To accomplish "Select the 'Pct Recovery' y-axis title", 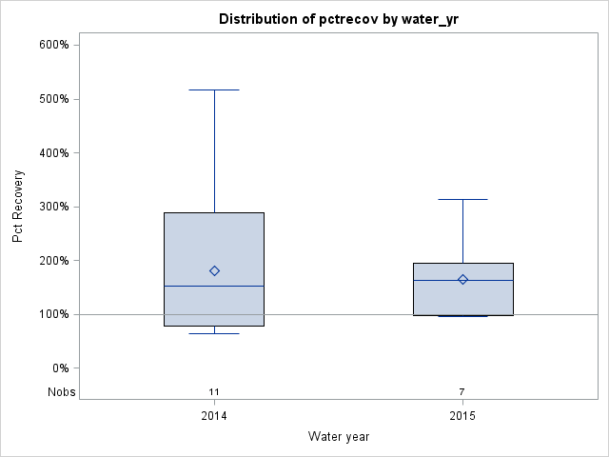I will [x=19, y=207].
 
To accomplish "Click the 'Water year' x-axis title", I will [x=338, y=436].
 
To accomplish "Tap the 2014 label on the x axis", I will [x=214, y=416].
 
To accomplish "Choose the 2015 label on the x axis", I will [x=462, y=416].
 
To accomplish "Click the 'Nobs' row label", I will [x=62, y=391].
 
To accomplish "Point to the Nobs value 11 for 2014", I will [x=214, y=391].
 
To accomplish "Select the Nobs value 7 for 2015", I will [x=462, y=391].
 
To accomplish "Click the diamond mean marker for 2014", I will [x=214, y=271].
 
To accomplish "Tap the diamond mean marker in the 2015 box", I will [x=462, y=279].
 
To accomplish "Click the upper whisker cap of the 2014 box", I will [x=214, y=89].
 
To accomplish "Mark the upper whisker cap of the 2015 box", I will [x=462, y=199].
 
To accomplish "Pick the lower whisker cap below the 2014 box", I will [x=214, y=333].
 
